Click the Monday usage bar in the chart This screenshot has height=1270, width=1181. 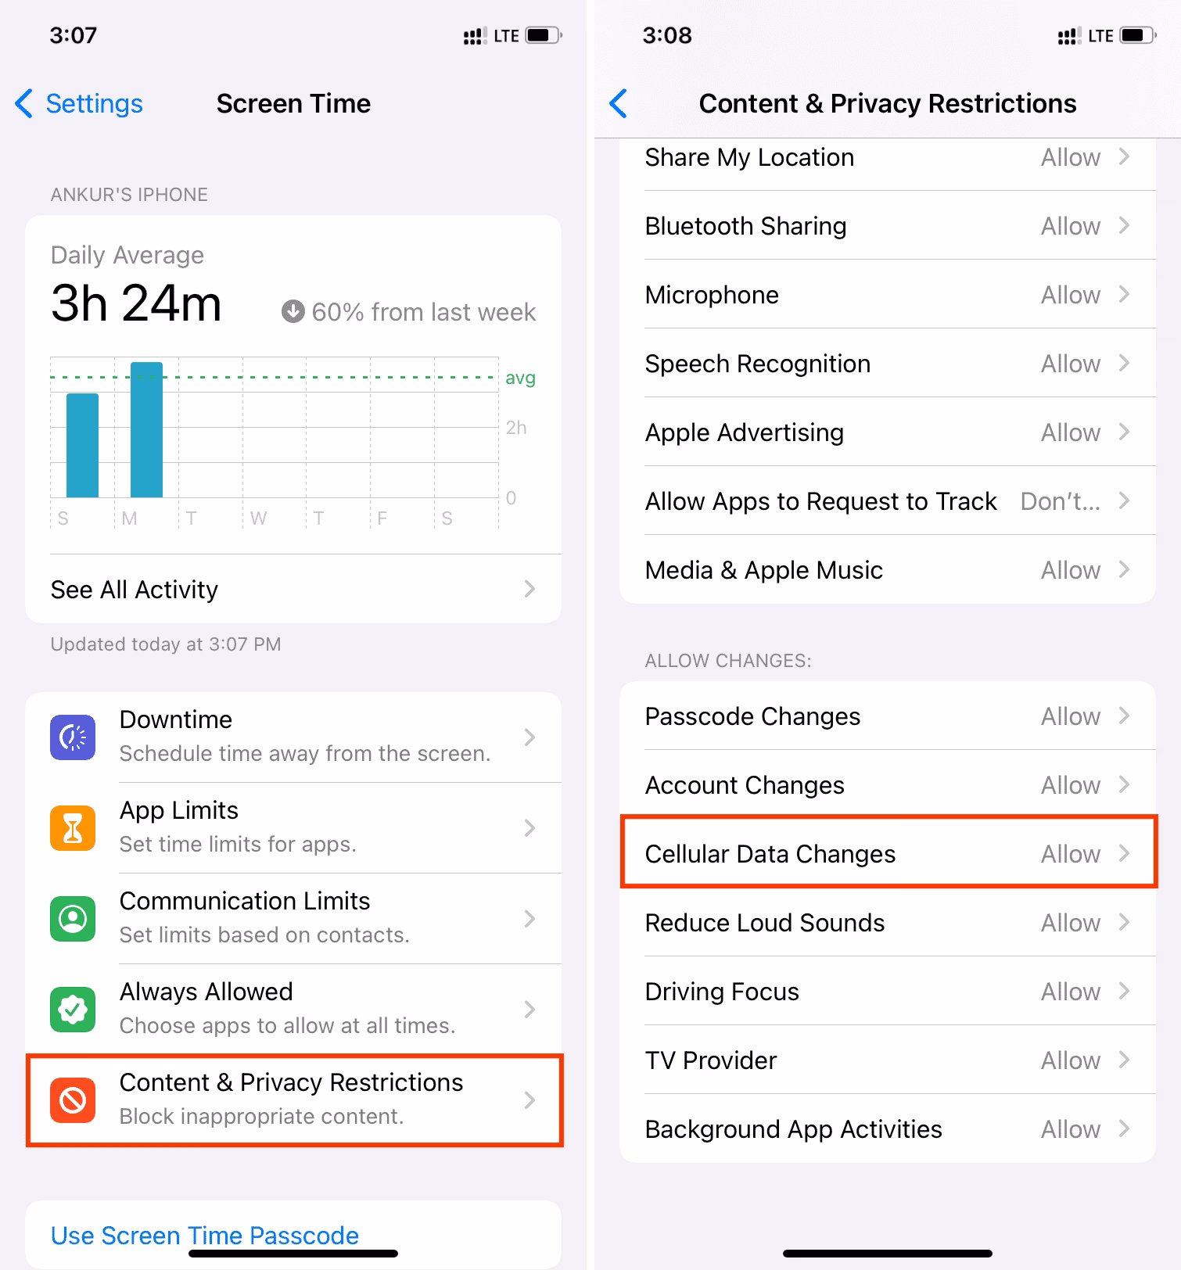click(x=146, y=429)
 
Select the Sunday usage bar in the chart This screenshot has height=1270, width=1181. click(x=82, y=445)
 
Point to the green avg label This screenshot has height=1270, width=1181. click(x=520, y=378)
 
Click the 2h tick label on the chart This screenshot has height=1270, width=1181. click(x=516, y=428)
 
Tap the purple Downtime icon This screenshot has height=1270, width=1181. click(x=73, y=737)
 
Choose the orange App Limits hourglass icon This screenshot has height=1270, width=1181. click(x=73, y=828)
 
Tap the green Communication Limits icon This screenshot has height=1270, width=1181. click(x=73, y=919)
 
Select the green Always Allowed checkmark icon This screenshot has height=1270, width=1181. click(x=73, y=1010)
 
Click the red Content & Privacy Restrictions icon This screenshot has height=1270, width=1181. click(x=73, y=1100)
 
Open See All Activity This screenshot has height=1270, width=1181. click(x=135, y=590)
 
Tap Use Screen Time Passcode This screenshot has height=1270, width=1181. click(x=205, y=1236)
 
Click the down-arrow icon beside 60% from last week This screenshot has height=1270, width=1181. click(x=293, y=311)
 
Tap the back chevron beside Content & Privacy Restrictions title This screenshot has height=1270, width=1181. click(x=619, y=103)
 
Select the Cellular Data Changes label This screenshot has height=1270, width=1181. click(x=770, y=854)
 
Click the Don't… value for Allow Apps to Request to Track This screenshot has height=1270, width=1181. click(x=1060, y=501)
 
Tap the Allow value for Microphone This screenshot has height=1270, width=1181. click(x=1070, y=295)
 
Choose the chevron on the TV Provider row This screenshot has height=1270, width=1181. click(x=1125, y=1060)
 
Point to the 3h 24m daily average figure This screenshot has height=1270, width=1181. click(x=136, y=303)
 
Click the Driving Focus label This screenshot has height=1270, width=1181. click(x=721, y=992)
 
